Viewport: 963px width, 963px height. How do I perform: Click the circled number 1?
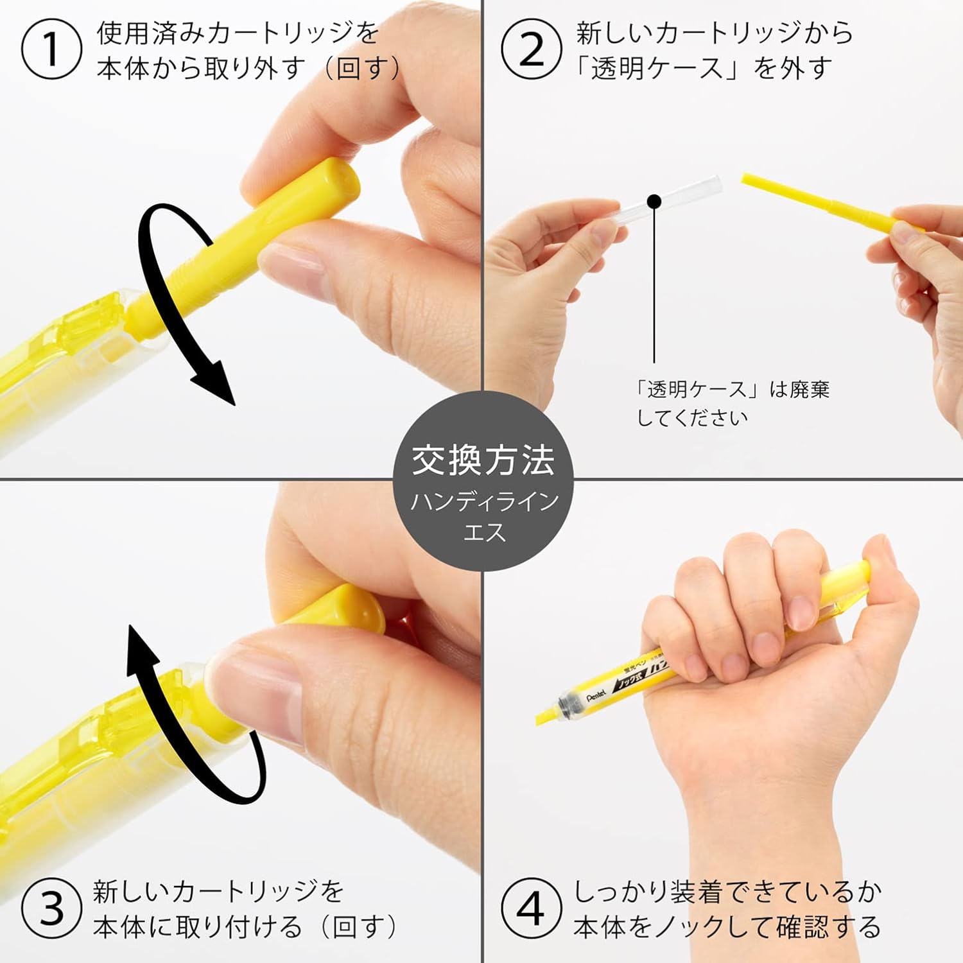coord(51,49)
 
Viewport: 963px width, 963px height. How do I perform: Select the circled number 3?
coord(51,908)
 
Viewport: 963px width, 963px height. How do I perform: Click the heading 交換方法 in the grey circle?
coord(483,460)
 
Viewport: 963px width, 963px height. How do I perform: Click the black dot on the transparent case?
coord(654,202)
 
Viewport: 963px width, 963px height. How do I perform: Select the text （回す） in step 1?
coord(363,68)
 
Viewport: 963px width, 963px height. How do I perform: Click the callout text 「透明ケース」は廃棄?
coord(732,389)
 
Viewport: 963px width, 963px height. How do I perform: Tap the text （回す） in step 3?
coord(360,926)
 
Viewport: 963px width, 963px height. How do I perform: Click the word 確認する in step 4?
coord(829,926)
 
